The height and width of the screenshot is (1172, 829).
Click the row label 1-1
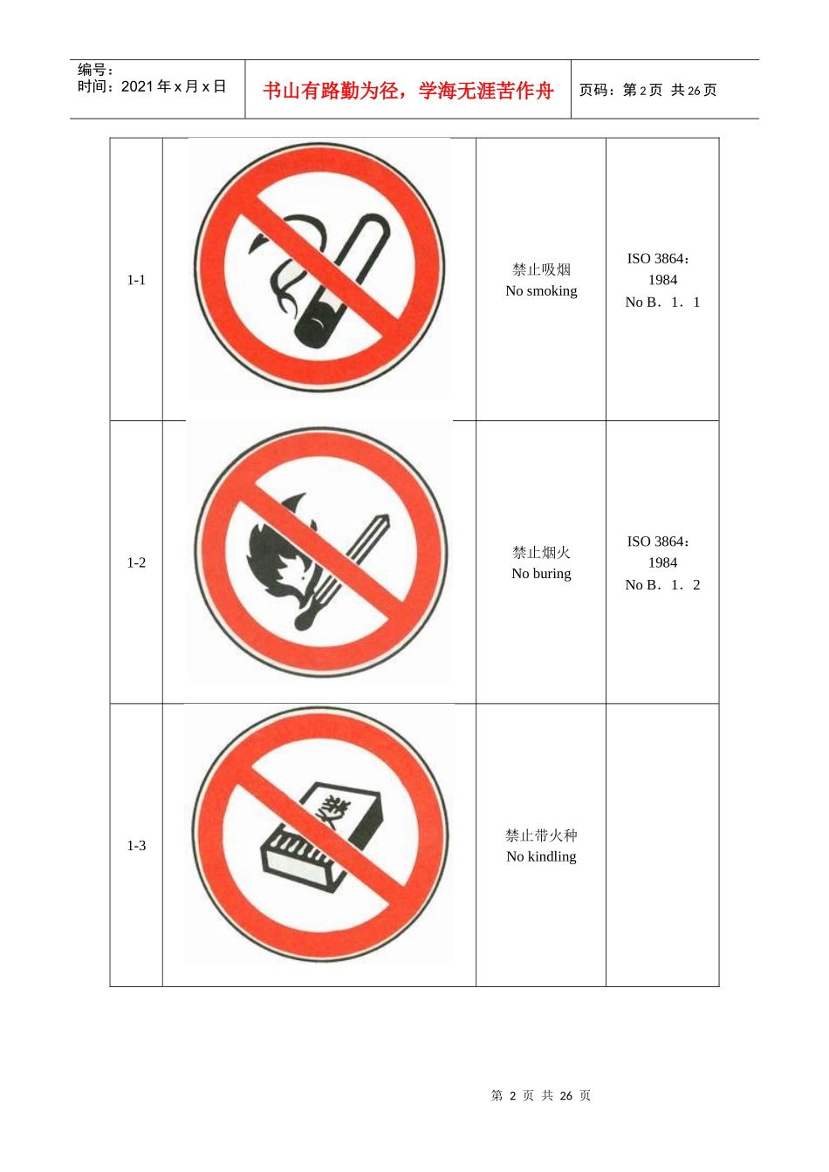coord(136,280)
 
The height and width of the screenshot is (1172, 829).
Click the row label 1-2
coord(136,562)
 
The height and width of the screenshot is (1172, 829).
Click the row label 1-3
coord(136,845)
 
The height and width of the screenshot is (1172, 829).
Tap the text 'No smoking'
coord(541,291)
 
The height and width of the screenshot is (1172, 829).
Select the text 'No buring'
coord(541,574)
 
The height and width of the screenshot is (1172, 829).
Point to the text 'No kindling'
coord(541,856)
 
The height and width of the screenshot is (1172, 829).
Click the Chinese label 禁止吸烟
coord(541,269)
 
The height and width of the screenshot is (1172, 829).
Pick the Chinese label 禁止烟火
coord(541,552)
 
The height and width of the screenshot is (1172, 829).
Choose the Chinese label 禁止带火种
coord(541,835)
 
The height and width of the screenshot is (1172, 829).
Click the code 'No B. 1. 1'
coord(662,303)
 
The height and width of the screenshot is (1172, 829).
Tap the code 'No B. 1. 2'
coord(662,585)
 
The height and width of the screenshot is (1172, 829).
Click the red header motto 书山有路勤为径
coord(332,91)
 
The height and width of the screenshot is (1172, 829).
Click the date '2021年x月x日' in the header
coord(174,86)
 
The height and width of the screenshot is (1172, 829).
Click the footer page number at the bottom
coord(541,1095)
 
